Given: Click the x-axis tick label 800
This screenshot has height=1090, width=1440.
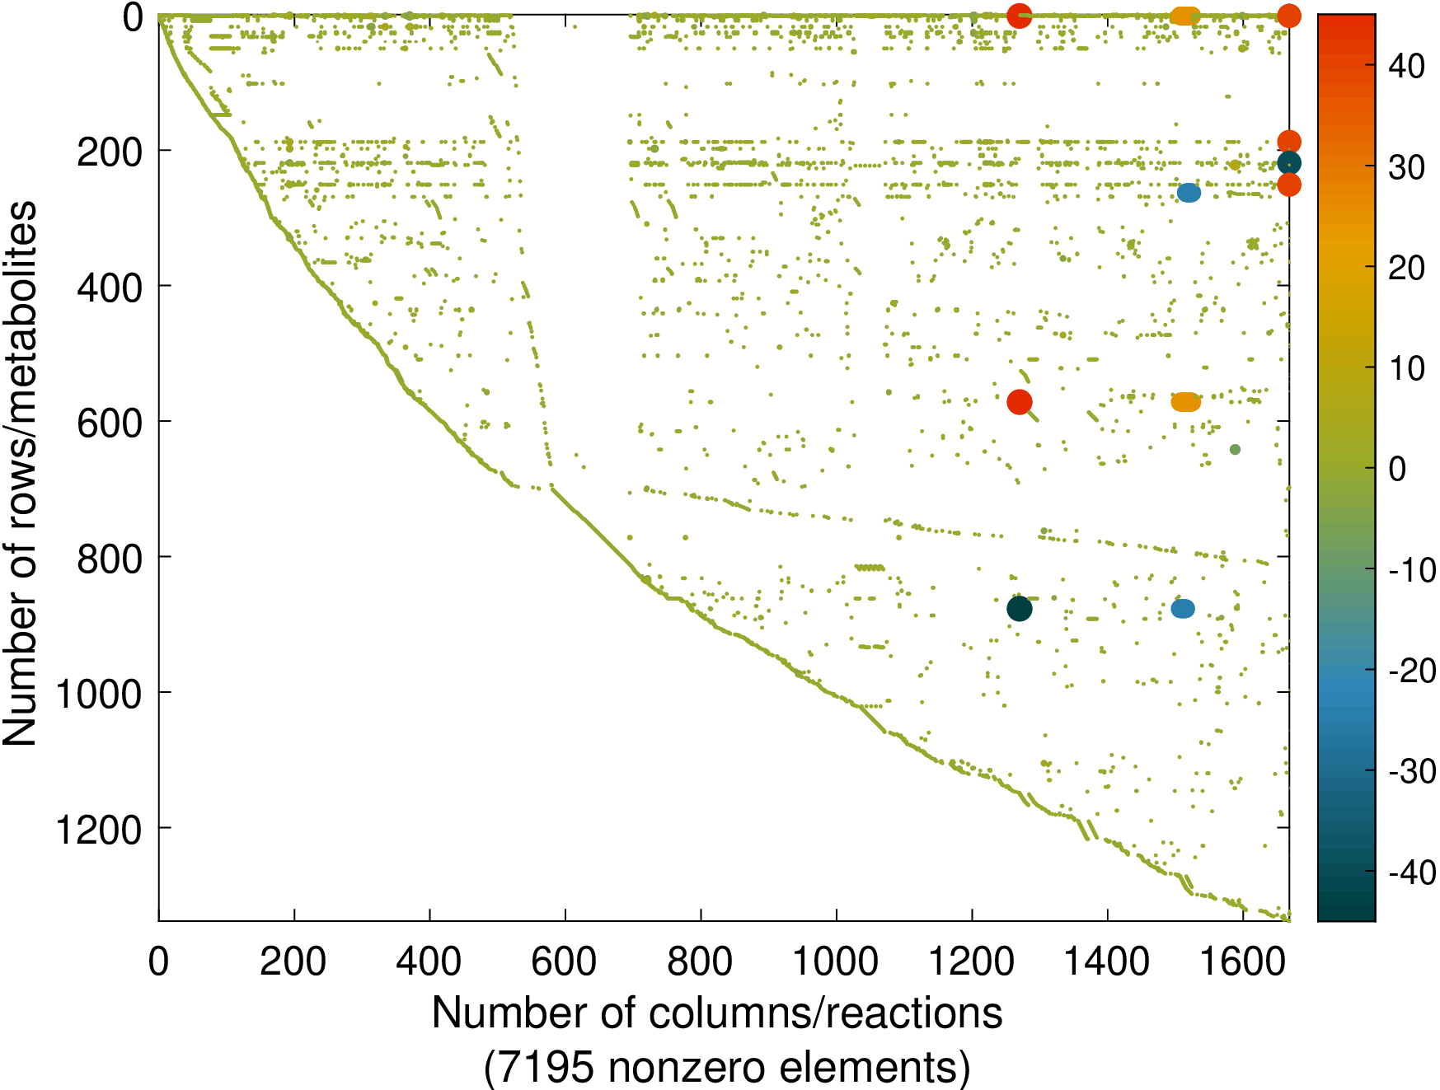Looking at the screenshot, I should (x=700, y=961).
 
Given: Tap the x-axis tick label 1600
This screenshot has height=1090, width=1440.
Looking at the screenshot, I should (x=1242, y=961).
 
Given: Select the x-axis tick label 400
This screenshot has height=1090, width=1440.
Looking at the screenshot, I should (x=429, y=961).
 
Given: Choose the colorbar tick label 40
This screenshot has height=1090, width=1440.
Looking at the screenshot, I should (x=1407, y=67).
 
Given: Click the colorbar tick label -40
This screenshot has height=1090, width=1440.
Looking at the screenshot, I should (x=1412, y=872).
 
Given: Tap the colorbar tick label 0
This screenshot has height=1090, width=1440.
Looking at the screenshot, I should (x=1398, y=469).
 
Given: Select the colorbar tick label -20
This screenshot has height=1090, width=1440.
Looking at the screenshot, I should (x=1412, y=671).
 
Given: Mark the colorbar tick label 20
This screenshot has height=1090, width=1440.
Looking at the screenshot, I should (x=1407, y=268).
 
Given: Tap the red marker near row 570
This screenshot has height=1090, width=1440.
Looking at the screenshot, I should (x=1020, y=402).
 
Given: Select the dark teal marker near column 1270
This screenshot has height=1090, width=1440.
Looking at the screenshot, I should (x=1020, y=609).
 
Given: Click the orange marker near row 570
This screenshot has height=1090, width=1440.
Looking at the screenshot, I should (x=1186, y=402).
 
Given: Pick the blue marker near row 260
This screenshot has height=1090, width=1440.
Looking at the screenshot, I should (x=1189, y=193).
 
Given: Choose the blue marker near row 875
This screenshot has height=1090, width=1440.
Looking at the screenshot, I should (x=1183, y=609).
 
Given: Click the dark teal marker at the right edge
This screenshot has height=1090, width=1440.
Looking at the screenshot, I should (x=1289, y=163).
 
